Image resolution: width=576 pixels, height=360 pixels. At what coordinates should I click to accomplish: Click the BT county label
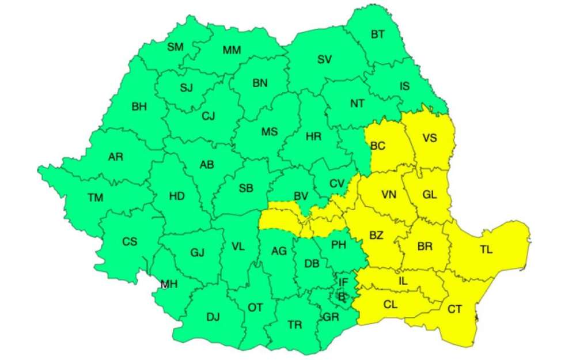pos(378,35)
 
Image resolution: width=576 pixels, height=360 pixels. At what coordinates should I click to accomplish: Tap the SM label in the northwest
pos(175,47)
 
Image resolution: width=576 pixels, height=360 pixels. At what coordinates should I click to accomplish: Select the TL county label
pos(486,250)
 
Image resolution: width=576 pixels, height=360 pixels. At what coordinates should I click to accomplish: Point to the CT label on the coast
pos(454,309)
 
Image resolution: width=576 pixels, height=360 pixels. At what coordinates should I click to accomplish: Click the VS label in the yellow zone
pos(430,138)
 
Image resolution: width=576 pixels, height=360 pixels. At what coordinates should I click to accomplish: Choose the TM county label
pos(96,198)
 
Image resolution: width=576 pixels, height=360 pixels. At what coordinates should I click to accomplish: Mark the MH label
pos(169,284)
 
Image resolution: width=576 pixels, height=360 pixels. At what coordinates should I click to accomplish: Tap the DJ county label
pos(213,316)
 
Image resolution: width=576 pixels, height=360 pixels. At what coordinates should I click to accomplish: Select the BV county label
pos(301,196)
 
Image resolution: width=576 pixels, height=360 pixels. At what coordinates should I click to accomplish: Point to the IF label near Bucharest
pos(343,282)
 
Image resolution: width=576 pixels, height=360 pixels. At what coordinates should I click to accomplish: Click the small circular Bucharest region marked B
pos(342,296)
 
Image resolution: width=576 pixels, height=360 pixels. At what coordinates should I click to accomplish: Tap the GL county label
pos(429,195)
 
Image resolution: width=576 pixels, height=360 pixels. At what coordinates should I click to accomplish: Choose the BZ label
pos(376,236)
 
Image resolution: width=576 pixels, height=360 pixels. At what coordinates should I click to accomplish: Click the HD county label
pos(177,196)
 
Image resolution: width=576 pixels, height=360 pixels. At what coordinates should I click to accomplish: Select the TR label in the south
pos(294,325)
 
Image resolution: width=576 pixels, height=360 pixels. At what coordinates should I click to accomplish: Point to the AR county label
pos(115,157)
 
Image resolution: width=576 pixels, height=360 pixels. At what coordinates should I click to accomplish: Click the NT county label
pos(357,104)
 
